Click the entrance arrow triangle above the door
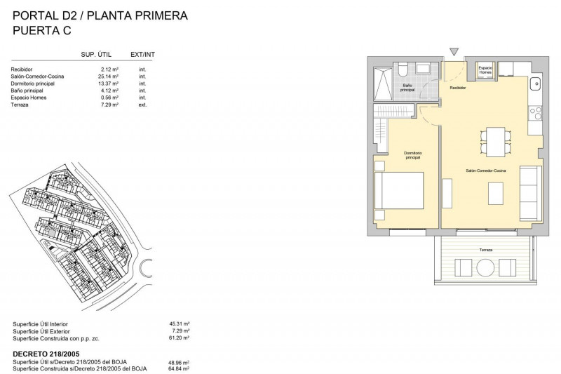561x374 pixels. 454,52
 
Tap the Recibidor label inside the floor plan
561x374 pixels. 458,88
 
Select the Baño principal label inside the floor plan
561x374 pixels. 407,88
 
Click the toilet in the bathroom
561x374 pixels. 403,69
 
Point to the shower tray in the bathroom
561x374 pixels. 383,84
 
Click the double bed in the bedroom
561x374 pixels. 399,190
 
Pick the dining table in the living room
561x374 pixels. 496,142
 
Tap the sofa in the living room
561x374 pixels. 530,193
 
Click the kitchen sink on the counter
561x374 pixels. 535,84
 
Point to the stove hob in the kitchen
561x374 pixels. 535,113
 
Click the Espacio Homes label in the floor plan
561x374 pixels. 485,69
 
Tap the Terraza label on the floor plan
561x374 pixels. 486,250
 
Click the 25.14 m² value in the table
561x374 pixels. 109,76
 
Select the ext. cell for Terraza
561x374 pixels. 143,105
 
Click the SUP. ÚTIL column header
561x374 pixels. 96,55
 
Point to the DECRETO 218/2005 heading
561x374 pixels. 46,354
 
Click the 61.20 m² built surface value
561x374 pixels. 180,338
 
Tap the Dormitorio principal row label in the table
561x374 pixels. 32,84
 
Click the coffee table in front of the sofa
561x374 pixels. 496,193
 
